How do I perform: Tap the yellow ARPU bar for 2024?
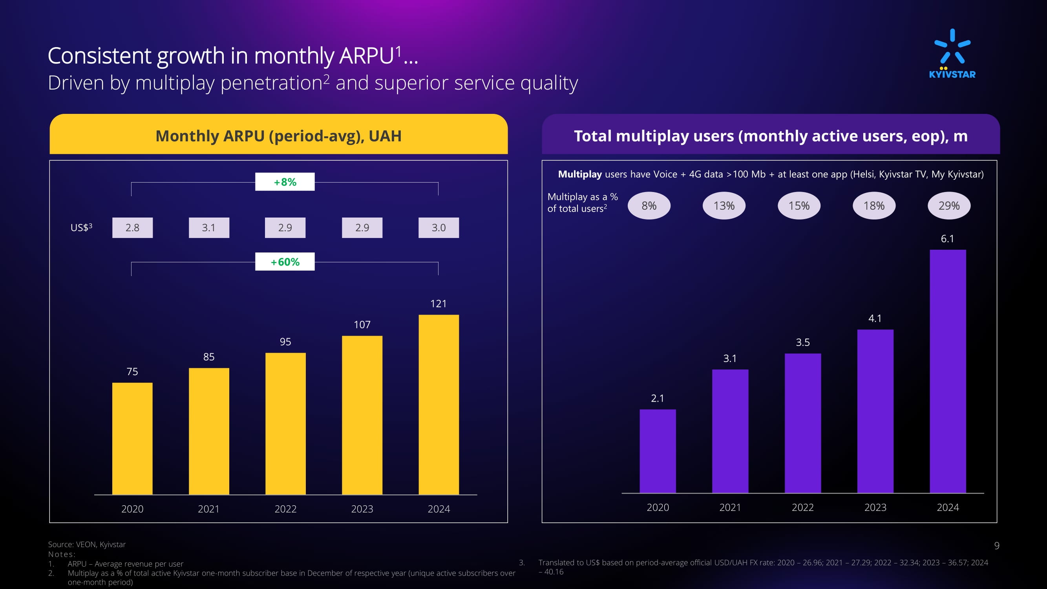[439, 404]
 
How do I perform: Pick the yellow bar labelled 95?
[285, 423]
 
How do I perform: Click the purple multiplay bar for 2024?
[947, 371]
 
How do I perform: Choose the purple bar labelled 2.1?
[657, 451]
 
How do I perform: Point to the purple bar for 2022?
[802, 423]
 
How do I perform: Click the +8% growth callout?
[285, 182]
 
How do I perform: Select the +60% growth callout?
[285, 262]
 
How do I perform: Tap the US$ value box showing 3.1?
[209, 228]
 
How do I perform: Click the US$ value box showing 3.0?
[439, 228]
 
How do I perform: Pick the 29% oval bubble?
[948, 206]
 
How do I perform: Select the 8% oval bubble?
[649, 206]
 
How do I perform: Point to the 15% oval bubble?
[798, 206]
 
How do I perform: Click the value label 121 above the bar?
[438, 304]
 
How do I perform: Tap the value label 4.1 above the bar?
[875, 318]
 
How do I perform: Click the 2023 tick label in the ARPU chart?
[362, 509]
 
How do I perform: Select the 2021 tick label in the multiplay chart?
[730, 507]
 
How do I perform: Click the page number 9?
[997, 545]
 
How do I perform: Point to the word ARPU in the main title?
[367, 56]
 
